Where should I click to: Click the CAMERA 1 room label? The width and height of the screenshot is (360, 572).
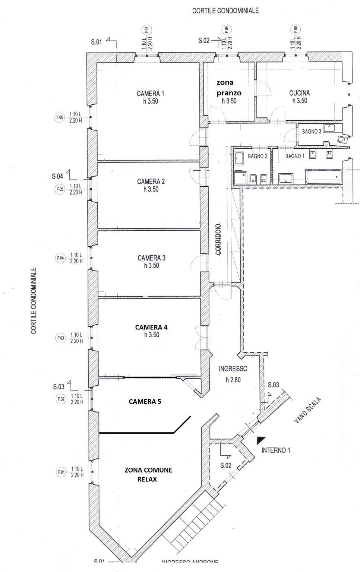pos(151,94)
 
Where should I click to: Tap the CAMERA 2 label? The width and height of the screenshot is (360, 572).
pos(151,181)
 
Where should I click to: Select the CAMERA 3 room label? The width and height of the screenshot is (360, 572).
pos(151,258)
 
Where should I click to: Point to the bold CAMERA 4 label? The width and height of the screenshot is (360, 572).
pos(151,327)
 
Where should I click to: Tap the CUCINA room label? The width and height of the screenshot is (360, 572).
pos(300,93)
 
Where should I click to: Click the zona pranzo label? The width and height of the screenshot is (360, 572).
pos(229,88)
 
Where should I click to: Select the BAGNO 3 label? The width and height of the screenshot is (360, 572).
pos(312,132)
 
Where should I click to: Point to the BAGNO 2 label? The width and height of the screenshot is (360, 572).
pos(258,156)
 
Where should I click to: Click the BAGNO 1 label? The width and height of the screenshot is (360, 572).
pos(295,156)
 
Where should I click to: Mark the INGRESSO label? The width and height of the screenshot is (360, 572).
pos(233,369)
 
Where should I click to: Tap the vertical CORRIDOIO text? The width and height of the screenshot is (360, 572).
pos(218,239)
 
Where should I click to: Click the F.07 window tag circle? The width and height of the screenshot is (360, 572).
pos(146,29)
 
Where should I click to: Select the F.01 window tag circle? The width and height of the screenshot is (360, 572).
pos(61,472)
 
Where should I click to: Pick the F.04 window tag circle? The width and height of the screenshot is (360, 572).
pos(60,258)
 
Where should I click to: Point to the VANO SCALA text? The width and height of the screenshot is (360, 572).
pos(307,410)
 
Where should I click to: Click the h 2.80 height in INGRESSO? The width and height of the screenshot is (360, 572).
pos(233,380)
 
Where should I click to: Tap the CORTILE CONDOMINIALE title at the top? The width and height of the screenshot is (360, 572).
pos(225,11)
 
